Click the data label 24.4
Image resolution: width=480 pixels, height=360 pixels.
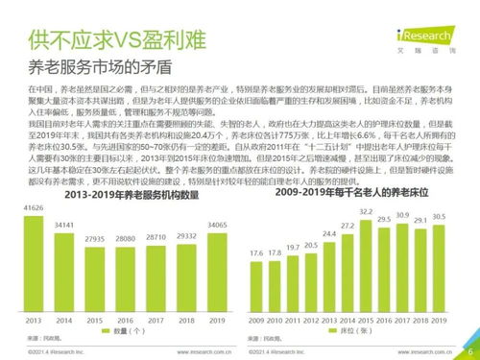point(329,233)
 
